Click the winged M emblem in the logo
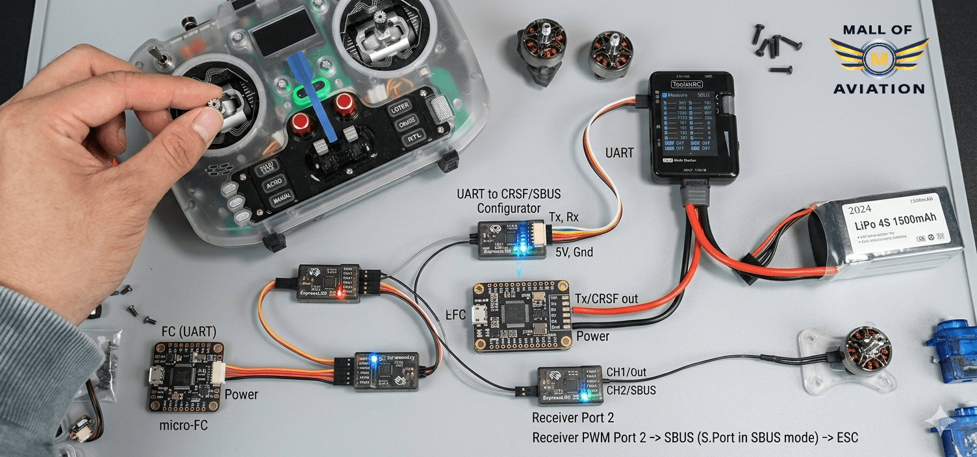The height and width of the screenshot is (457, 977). (878, 57)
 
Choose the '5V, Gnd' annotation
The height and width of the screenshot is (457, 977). (574, 252)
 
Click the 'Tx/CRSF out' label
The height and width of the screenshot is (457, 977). (606, 299)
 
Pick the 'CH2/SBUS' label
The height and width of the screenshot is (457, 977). (631, 390)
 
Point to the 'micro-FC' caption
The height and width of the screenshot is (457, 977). (185, 426)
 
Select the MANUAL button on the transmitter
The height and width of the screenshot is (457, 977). (281, 199)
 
